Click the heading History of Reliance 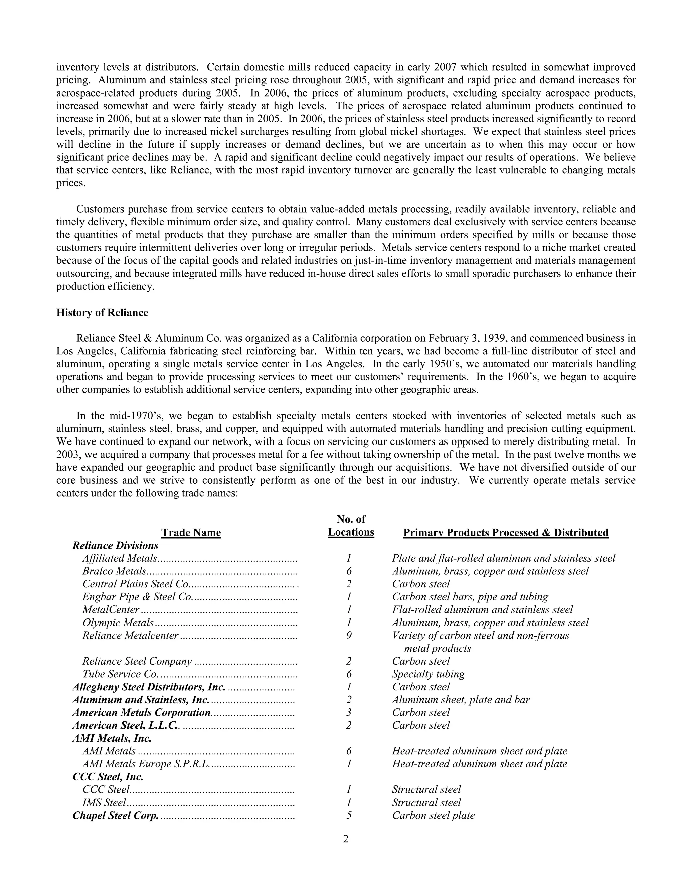[102, 313]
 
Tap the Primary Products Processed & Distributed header [505, 532]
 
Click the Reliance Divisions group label [116, 545]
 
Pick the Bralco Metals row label [114, 571]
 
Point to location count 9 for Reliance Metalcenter [349, 635]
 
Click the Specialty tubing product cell [428, 674]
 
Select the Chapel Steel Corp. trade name [116, 815]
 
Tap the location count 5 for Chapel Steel [349, 815]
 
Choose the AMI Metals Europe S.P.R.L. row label [146, 764]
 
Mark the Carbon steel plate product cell [433, 815]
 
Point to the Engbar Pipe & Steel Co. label [137, 596]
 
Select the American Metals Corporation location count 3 [349, 712]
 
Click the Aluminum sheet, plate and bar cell [461, 699]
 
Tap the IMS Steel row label [104, 802]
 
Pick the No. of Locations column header [351, 526]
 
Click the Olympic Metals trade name [118, 623]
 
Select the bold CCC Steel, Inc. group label [108, 777]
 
